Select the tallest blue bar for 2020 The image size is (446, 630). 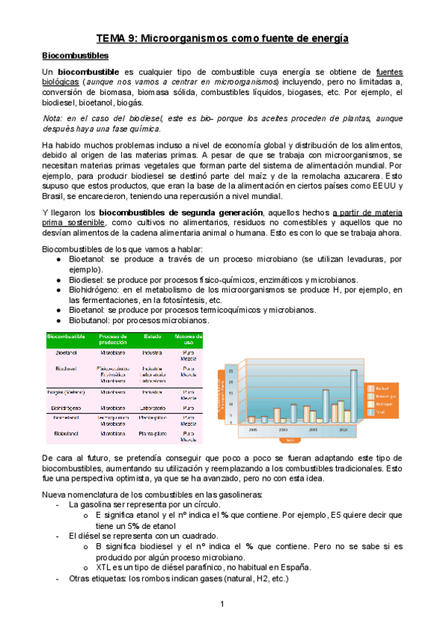(354, 396)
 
